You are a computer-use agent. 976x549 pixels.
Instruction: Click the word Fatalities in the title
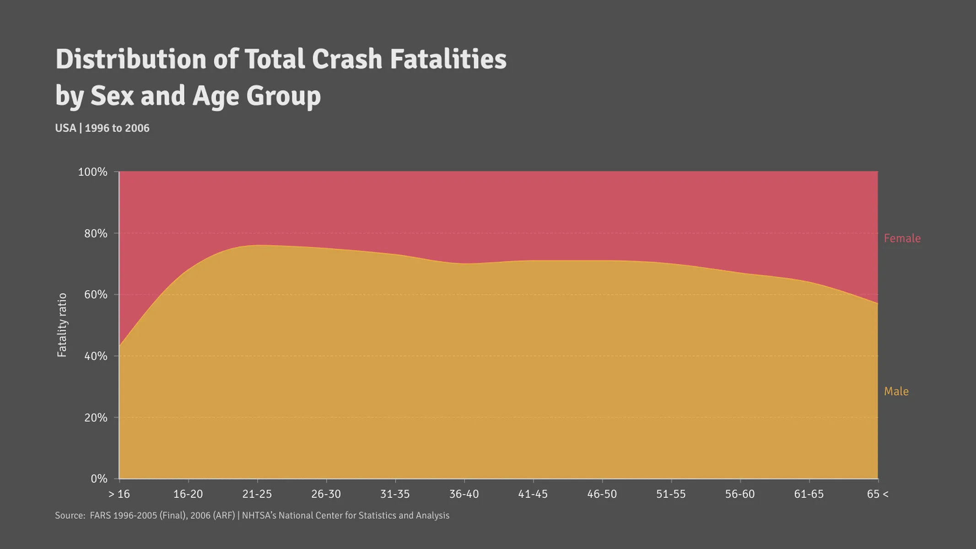coord(448,59)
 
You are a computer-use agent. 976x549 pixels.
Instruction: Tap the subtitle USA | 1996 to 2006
coord(102,128)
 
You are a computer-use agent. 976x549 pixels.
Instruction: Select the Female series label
coord(902,238)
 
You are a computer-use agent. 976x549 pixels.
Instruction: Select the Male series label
coord(896,392)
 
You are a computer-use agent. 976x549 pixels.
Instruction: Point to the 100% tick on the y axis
coord(93,172)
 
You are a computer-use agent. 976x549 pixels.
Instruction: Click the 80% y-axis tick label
coord(95,234)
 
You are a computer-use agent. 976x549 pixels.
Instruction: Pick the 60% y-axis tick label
coord(95,295)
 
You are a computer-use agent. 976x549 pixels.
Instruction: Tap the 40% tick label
coord(95,356)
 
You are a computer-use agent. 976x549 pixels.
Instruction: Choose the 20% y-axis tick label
coord(95,418)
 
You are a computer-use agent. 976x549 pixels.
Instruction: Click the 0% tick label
coord(98,479)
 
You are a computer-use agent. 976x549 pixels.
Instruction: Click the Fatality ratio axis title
coord(62,325)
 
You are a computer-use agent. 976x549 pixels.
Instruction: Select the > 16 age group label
coord(119,495)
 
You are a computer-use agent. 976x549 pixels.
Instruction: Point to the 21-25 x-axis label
coord(257,495)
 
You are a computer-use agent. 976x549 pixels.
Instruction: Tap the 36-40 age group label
coord(464,495)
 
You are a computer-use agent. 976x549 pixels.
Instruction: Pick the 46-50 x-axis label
coord(602,495)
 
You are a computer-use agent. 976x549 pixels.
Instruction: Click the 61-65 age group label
coord(809,495)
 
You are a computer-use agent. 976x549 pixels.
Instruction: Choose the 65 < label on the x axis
coord(877,495)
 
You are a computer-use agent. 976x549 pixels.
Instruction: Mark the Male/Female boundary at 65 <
coord(878,303)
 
